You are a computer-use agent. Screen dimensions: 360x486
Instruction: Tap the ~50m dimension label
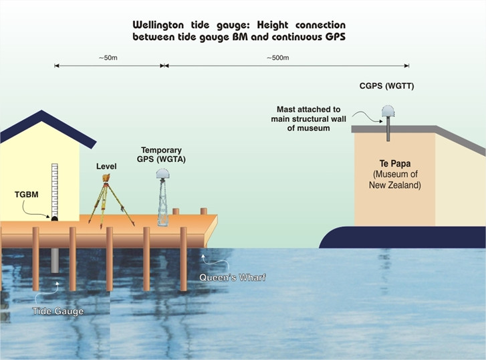point(108,58)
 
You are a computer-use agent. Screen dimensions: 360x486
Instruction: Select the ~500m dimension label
point(278,58)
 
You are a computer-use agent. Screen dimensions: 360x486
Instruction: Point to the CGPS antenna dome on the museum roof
point(387,112)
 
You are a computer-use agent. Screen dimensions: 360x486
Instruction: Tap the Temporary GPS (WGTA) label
point(162,155)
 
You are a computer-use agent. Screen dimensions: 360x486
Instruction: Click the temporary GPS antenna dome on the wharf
point(162,174)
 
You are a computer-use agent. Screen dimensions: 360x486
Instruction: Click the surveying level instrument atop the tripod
point(106,179)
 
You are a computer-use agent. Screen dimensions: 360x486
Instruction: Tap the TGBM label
point(25,195)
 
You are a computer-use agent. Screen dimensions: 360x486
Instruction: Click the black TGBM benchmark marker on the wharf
point(54,217)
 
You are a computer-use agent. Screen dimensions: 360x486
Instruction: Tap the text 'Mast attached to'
point(308,108)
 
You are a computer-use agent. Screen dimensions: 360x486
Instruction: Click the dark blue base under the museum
point(401,238)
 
